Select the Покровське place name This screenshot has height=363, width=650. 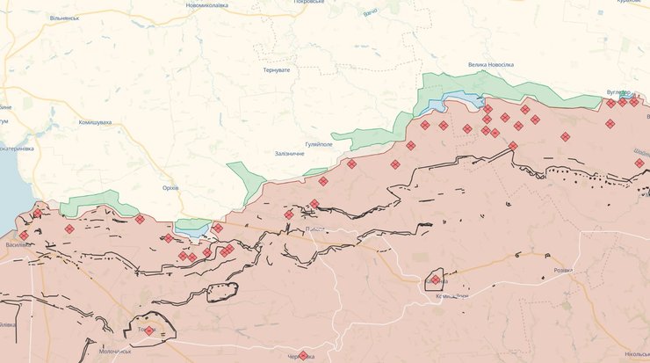(x=314, y=3)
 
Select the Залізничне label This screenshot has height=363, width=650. (x=289, y=154)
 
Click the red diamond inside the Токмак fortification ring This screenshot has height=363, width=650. (x=148, y=331)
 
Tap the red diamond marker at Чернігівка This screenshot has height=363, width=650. (x=303, y=355)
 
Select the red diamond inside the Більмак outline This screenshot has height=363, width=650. (x=435, y=280)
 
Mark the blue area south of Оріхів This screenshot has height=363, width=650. (x=192, y=229)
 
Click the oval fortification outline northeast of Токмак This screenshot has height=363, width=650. (x=223, y=292)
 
